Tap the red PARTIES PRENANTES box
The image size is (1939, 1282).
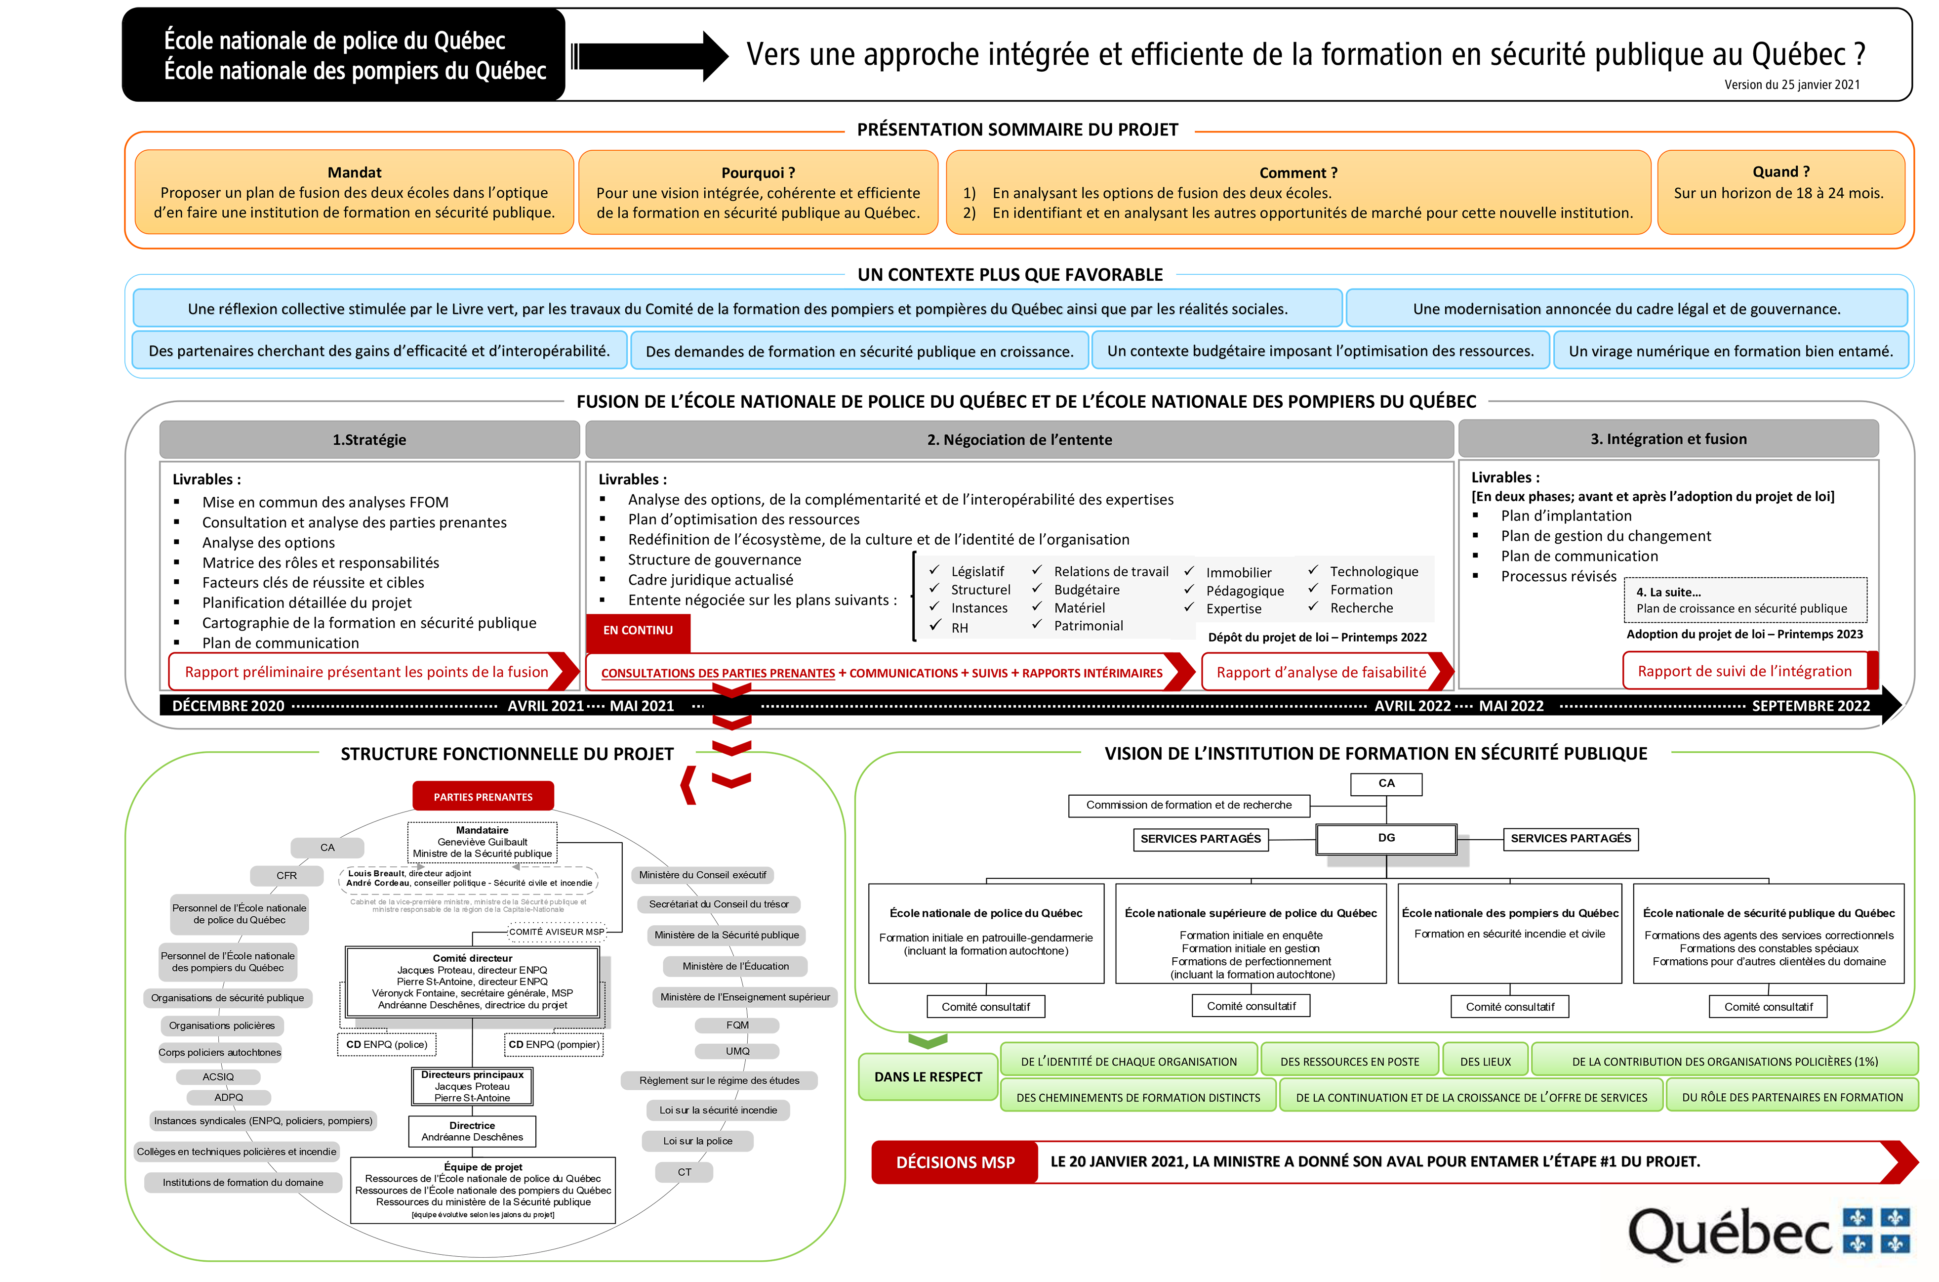click(483, 796)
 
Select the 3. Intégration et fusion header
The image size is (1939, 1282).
click(1668, 438)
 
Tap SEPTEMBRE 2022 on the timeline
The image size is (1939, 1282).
click(1810, 706)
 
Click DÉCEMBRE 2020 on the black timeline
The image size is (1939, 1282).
click(228, 706)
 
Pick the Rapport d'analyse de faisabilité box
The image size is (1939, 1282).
click(1321, 672)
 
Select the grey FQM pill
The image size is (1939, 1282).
click(737, 1025)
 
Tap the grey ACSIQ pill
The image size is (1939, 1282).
click(218, 1077)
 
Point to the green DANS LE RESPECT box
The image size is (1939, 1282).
click(928, 1077)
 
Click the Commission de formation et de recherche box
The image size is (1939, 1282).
click(1188, 806)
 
